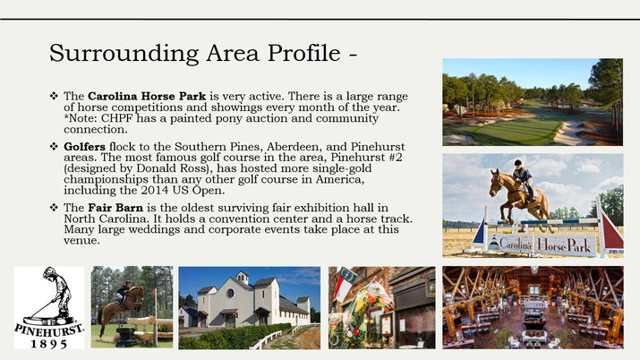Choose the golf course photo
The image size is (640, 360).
pyautogui.click(x=532, y=102)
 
